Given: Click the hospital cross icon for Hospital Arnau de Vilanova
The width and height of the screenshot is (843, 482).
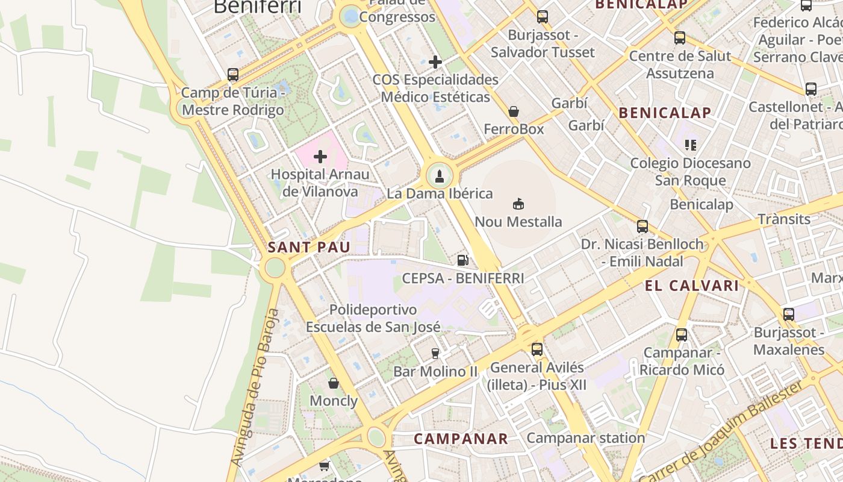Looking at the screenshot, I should (320, 157).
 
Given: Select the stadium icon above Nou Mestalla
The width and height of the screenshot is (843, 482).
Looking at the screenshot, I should (518, 204).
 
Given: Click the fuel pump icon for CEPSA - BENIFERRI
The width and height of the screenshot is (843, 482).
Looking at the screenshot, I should (462, 260).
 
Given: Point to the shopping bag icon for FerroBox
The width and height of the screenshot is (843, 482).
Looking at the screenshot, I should (514, 111).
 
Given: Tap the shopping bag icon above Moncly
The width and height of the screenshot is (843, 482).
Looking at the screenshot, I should (333, 383).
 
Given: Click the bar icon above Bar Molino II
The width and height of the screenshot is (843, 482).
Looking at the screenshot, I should (435, 354).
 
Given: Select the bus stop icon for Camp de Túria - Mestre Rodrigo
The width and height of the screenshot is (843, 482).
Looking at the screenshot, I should (233, 75).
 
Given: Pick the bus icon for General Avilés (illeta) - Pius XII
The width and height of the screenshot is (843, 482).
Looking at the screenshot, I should (537, 349).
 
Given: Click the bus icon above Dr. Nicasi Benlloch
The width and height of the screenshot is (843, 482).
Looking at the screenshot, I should (642, 227).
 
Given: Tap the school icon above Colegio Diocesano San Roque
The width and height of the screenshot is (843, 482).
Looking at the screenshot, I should (690, 145).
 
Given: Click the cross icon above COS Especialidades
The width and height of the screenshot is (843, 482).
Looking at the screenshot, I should (435, 62).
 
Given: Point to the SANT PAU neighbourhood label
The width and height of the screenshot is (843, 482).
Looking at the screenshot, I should (301, 247).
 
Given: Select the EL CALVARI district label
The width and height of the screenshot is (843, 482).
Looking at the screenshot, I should (692, 286).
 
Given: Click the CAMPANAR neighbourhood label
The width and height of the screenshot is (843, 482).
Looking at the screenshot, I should (461, 439).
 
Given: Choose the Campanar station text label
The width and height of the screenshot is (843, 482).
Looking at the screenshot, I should (585, 437).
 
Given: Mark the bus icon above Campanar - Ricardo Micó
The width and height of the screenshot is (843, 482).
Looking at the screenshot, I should (682, 335).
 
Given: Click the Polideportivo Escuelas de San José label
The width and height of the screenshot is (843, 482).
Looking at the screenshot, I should (373, 318).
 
